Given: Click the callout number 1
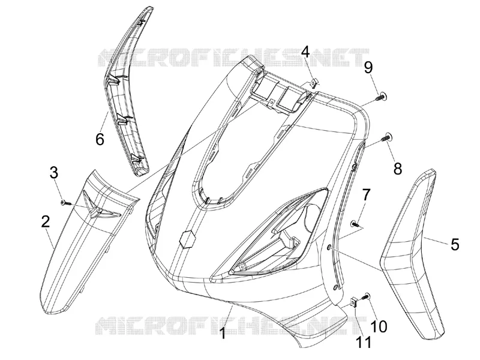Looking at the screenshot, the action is pyautogui.click(x=224, y=333).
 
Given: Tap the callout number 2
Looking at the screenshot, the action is pyautogui.click(x=46, y=221).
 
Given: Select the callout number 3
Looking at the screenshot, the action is pyautogui.click(x=54, y=173).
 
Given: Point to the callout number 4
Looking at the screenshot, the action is pyautogui.click(x=305, y=52).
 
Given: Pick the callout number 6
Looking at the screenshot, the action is pyautogui.click(x=100, y=139).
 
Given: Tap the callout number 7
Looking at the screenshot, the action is pyautogui.click(x=366, y=194).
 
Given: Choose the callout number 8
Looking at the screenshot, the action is pyautogui.click(x=397, y=169).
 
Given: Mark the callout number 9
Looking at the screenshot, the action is pyautogui.click(x=368, y=67).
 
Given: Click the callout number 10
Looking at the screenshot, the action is pyautogui.click(x=379, y=326).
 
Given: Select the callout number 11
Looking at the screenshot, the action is pyautogui.click(x=364, y=342).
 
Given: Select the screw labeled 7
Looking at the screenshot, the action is pyautogui.click(x=355, y=223).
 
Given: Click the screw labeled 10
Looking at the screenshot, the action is pyautogui.click(x=366, y=296).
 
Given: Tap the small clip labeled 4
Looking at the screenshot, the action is pyautogui.click(x=314, y=83).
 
